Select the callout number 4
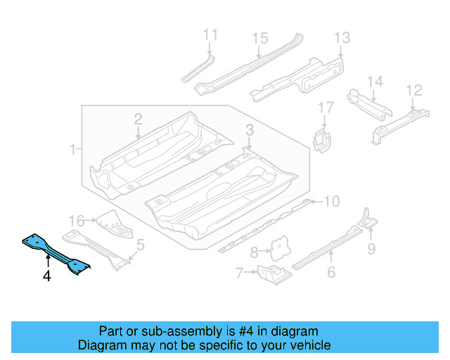(x=46, y=277)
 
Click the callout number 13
(x=342, y=38)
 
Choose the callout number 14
(x=375, y=83)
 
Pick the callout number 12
(x=414, y=90)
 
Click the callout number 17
(x=326, y=108)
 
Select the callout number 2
(x=139, y=119)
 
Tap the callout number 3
(x=249, y=129)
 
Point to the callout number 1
(x=73, y=149)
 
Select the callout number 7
(x=239, y=272)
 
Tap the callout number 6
(x=331, y=274)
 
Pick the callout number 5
(x=141, y=245)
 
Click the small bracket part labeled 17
(x=322, y=139)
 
